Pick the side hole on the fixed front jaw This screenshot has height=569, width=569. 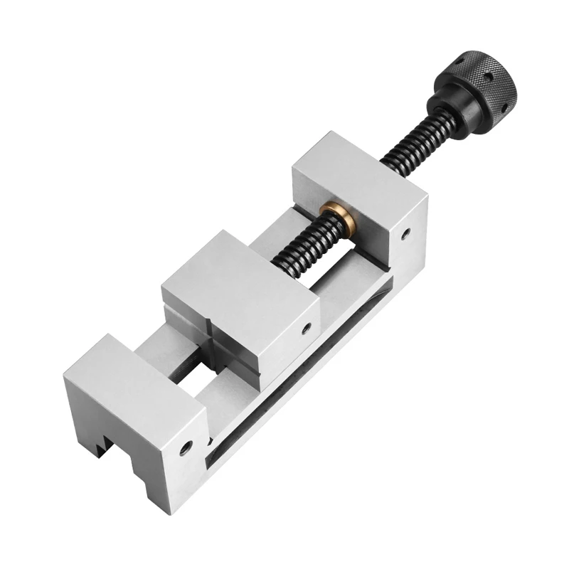pyautogui.click(x=186, y=447)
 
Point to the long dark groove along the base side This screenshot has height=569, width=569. pyautogui.click(x=299, y=398)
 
